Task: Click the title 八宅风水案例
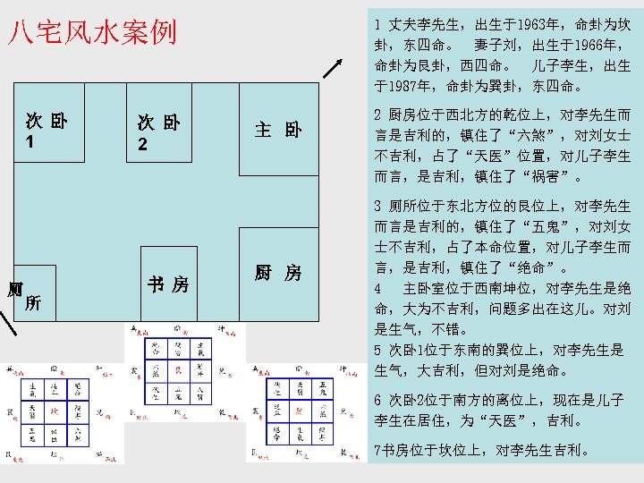pos(92,33)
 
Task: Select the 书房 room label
pos(168,285)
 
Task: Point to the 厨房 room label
pos(277,273)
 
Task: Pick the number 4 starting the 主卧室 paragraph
pos(379,289)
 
